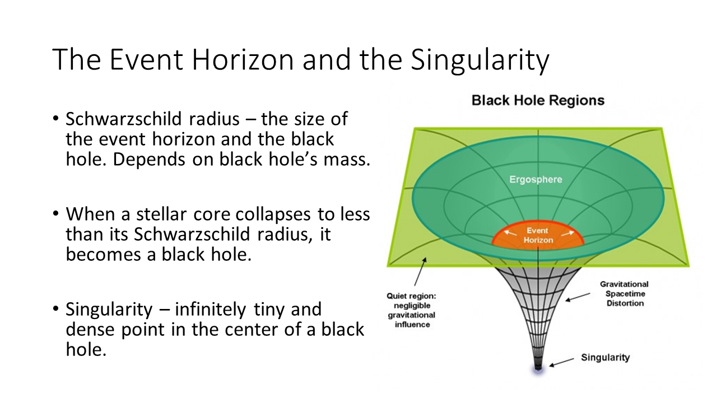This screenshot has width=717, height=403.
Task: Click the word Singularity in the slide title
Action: click(x=480, y=60)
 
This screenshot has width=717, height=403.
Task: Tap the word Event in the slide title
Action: click(x=146, y=59)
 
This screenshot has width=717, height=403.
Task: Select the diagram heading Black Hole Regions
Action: click(x=538, y=100)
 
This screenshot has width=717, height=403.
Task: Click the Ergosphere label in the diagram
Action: click(x=536, y=179)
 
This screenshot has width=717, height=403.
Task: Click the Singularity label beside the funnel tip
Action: click(x=606, y=358)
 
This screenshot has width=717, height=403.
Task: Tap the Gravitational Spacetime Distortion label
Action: click(x=625, y=294)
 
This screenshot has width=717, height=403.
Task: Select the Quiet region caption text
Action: click(x=412, y=310)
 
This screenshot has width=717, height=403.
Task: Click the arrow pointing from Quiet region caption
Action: click(x=420, y=271)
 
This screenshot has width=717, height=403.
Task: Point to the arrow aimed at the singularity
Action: click(x=561, y=362)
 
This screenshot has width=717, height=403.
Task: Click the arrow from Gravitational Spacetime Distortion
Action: click(x=578, y=297)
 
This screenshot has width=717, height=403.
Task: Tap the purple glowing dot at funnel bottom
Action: click(x=538, y=369)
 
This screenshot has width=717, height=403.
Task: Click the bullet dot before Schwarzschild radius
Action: click(x=55, y=118)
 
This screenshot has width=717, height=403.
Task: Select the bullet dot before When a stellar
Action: click(x=55, y=213)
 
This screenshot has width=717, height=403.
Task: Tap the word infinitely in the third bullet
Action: click(x=210, y=310)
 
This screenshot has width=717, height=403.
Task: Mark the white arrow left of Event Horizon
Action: click(x=510, y=233)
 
